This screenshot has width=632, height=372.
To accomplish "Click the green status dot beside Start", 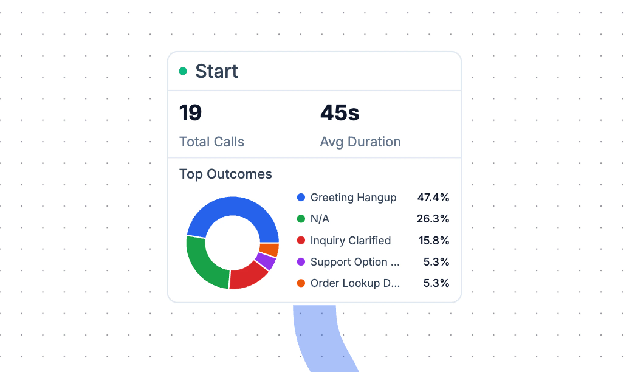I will pyautogui.click(x=183, y=71).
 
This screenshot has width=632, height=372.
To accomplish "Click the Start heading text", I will pyautogui.click(x=216, y=71).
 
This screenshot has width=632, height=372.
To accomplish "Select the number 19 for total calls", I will pyautogui.click(x=190, y=112).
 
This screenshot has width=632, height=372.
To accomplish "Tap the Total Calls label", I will pyautogui.click(x=211, y=142).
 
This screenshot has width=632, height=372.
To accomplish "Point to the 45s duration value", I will pyautogui.click(x=340, y=112).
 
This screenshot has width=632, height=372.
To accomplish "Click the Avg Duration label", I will pyautogui.click(x=360, y=142).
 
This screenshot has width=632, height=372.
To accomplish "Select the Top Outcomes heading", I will pyautogui.click(x=225, y=174).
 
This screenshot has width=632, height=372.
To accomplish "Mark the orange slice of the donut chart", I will pyautogui.click(x=269, y=250).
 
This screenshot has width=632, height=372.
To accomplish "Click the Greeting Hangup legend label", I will pyautogui.click(x=353, y=198).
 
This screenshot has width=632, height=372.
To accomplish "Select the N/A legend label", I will pyautogui.click(x=320, y=219).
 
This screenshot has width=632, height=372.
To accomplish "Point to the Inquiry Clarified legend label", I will pyautogui.click(x=350, y=240).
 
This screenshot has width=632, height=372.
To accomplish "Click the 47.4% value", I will pyautogui.click(x=433, y=198).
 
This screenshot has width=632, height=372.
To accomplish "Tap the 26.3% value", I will pyautogui.click(x=433, y=219).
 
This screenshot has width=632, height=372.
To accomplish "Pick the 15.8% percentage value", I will pyautogui.click(x=434, y=240).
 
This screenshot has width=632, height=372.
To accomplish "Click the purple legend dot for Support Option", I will pyautogui.click(x=301, y=262).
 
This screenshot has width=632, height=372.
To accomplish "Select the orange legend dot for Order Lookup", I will pyautogui.click(x=301, y=283).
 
